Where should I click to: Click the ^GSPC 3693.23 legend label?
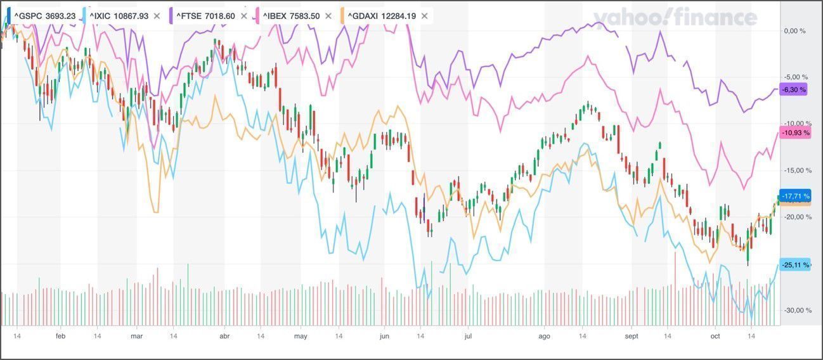(44, 16)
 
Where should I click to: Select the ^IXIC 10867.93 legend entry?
(119, 16)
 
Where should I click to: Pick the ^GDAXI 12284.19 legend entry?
(382, 16)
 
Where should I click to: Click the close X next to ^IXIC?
(157, 16)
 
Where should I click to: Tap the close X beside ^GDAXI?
(424, 16)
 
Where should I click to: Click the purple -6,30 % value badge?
(794, 90)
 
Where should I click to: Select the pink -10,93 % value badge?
(796, 133)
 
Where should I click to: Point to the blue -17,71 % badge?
(795, 196)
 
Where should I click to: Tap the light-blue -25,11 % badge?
(795, 265)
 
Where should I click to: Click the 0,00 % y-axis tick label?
(794, 30)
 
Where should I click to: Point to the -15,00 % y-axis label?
(794, 170)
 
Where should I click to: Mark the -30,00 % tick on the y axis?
(794, 310)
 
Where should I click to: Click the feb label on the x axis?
(61, 336)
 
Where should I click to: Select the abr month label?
(224, 336)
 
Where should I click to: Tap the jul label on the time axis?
(468, 336)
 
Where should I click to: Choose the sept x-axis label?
(632, 336)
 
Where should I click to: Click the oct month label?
(715, 336)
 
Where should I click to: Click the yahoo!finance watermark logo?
(675, 18)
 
